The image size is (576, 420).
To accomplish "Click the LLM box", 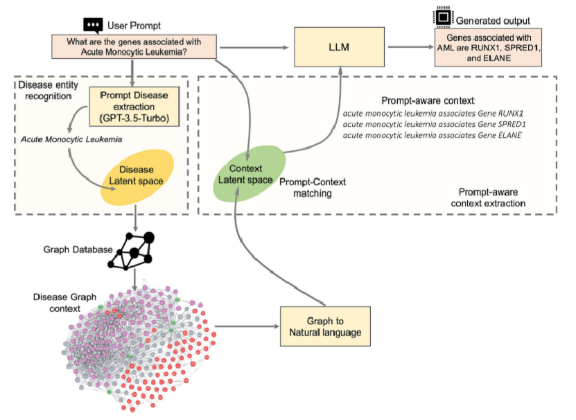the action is pyautogui.click(x=339, y=47).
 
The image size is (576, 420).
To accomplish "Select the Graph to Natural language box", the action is pyautogui.click(x=325, y=326).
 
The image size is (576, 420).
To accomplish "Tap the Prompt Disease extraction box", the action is pyautogui.click(x=134, y=107).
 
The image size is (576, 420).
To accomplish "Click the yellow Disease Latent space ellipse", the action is pyautogui.click(x=137, y=177).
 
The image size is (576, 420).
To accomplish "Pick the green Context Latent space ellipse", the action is pyautogui.click(x=250, y=173).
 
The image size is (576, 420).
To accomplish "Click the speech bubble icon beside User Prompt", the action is pyautogui.click(x=93, y=26).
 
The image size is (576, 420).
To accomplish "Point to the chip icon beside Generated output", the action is pyautogui.click(x=443, y=17).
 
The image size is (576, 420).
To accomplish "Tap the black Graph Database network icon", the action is pyautogui.click(x=131, y=252).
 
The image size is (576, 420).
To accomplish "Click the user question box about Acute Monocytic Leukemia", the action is pyautogui.click(x=134, y=46).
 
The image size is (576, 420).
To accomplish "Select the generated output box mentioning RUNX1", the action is pyautogui.click(x=488, y=47).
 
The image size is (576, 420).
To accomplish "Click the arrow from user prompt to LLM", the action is pyautogui.click(x=254, y=47).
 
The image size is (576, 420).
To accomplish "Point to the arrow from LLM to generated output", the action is pyautogui.click(x=411, y=46).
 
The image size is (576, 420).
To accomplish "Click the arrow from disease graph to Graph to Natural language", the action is pyautogui.click(x=247, y=326).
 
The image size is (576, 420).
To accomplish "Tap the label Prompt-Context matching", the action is pyautogui.click(x=313, y=187).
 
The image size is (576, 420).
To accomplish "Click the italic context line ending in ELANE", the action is pyautogui.click(x=432, y=135).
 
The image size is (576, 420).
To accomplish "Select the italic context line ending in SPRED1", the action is pyautogui.click(x=434, y=124).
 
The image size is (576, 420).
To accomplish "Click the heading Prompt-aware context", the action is pyautogui.click(x=428, y=100).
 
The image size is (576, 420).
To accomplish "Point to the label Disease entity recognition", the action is pyautogui.click(x=48, y=90).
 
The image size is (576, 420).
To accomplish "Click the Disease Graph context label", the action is pyautogui.click(x=64, y=302).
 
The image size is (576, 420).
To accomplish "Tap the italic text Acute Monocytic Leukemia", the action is pyautogui.click(x=71, y=139).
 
